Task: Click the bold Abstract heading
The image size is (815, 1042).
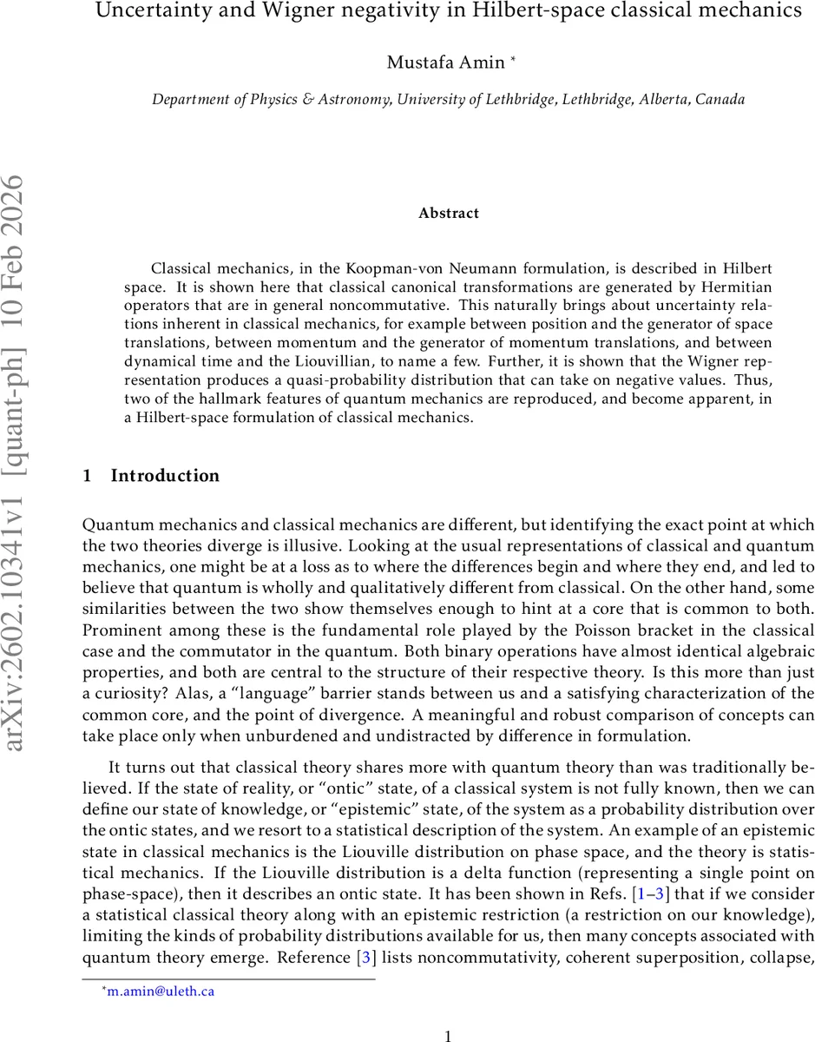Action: tap(448, 213)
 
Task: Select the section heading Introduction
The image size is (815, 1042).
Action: tap(165, 476)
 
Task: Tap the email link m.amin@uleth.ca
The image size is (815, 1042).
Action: tap(161, 991)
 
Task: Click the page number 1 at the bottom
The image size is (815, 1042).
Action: tap(448, 1036)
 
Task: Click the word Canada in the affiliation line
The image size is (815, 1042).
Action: tap(721, 99)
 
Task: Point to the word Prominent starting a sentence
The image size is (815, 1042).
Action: tap(117, 630)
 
